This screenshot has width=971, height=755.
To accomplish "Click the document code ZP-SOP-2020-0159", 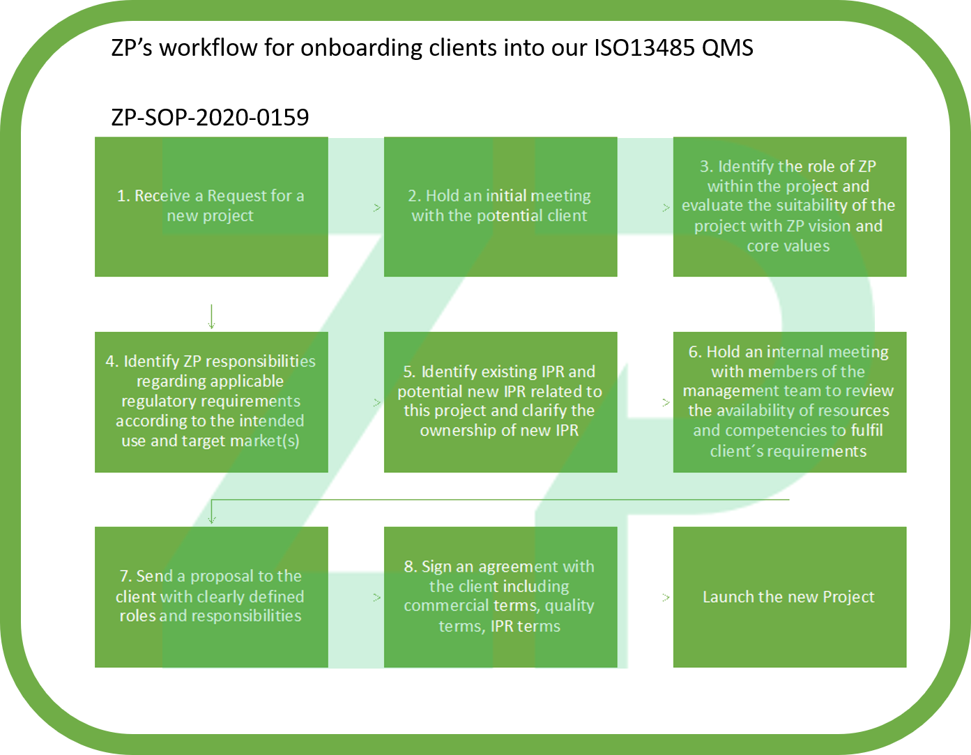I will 210,117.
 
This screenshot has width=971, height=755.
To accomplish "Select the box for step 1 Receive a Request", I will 211,206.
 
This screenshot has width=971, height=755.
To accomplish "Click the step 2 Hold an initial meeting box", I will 500,206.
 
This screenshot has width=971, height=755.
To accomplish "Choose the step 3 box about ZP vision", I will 789,206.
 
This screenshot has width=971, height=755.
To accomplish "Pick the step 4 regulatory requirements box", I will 211,402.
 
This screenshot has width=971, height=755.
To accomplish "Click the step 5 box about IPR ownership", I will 500,402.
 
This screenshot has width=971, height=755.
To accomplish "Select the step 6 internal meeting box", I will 789,402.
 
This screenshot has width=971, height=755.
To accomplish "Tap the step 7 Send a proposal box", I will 211,597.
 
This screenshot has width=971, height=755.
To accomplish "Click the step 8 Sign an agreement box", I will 500,597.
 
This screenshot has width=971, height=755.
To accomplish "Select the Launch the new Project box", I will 789,597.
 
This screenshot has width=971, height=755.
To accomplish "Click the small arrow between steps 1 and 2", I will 377,207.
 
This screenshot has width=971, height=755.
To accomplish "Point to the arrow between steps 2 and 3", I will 666,207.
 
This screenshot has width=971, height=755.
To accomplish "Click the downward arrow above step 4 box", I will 211,317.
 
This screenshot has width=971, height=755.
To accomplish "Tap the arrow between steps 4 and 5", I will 377,402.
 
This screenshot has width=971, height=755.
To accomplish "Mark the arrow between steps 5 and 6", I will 666,402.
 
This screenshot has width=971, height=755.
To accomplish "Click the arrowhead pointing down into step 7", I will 211,519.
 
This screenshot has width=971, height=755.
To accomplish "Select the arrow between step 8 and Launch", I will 666,597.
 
